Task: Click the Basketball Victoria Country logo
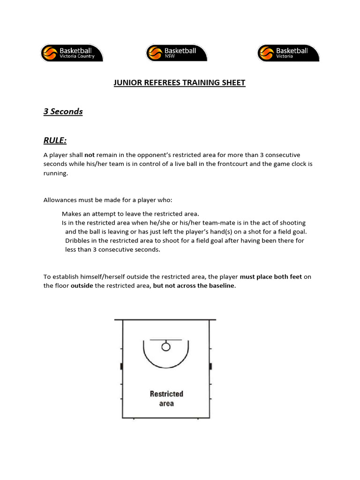pyautogui.click(x=72, y=53)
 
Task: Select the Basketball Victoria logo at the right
pyautogui.click(x=288, y=53)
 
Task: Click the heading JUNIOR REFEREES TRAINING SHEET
pyautogui.click(x=180, y=83)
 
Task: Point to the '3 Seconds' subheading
pyautogui.click(x=63, y=112)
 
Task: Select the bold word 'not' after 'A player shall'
pyautogui.click(x=90, y=155)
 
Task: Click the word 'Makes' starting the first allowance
pyautogui.click(x=71, y=214)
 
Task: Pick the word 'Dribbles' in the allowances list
pyautogui.click(x=78, y=240)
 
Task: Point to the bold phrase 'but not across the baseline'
pyautogui.click(x=194, y=285)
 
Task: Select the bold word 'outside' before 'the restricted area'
pyautogui.click(x=82, y=285)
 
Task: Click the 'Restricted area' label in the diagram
pyautogui.click(x=166, y=398)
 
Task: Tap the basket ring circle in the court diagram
pyautogui.click(x=165, y=346)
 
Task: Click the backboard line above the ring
pyautogui.click(x=165, y=339)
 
